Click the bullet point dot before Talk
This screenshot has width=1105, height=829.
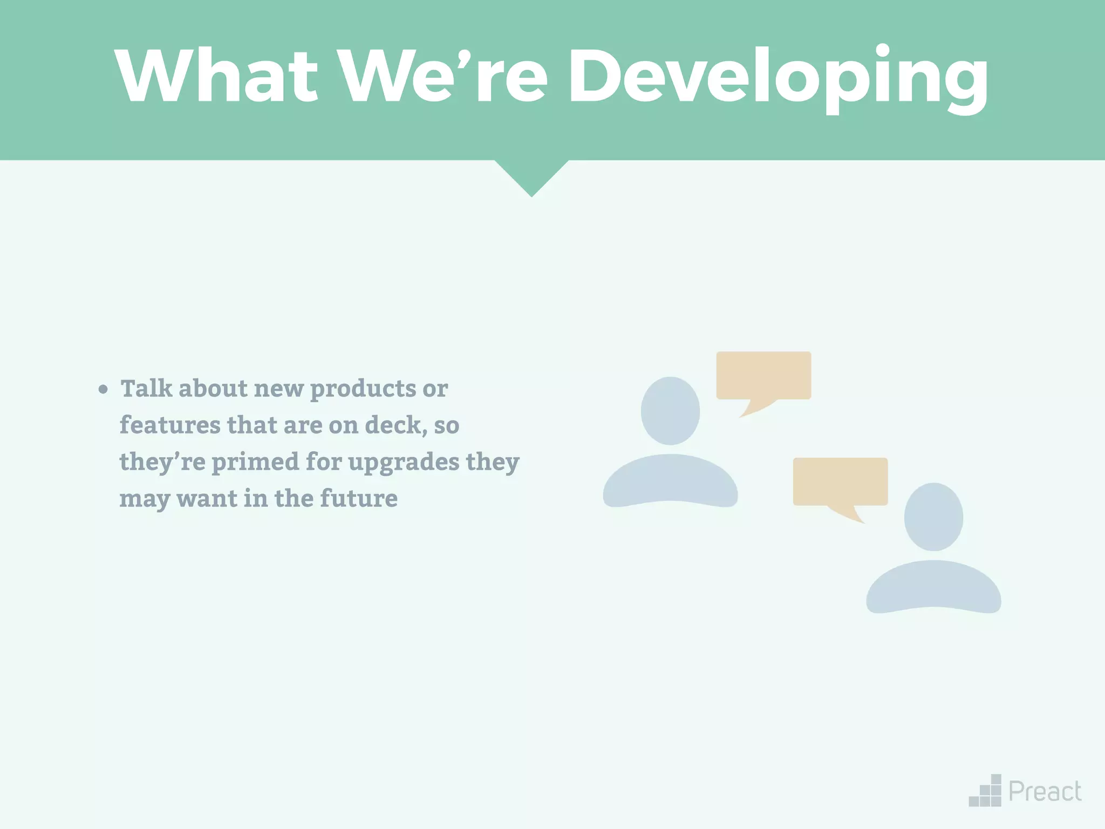103,389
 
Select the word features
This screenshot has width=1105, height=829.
169,425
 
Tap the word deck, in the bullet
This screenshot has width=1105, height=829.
395,425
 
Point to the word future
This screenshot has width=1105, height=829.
358,499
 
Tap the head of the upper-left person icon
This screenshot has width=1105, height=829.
670,411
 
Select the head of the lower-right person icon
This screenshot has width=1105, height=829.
933,517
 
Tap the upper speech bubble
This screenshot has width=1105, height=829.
763,376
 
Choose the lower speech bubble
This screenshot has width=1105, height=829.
840,482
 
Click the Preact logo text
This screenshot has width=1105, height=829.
1045,792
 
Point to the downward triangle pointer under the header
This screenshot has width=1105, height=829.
531,175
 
